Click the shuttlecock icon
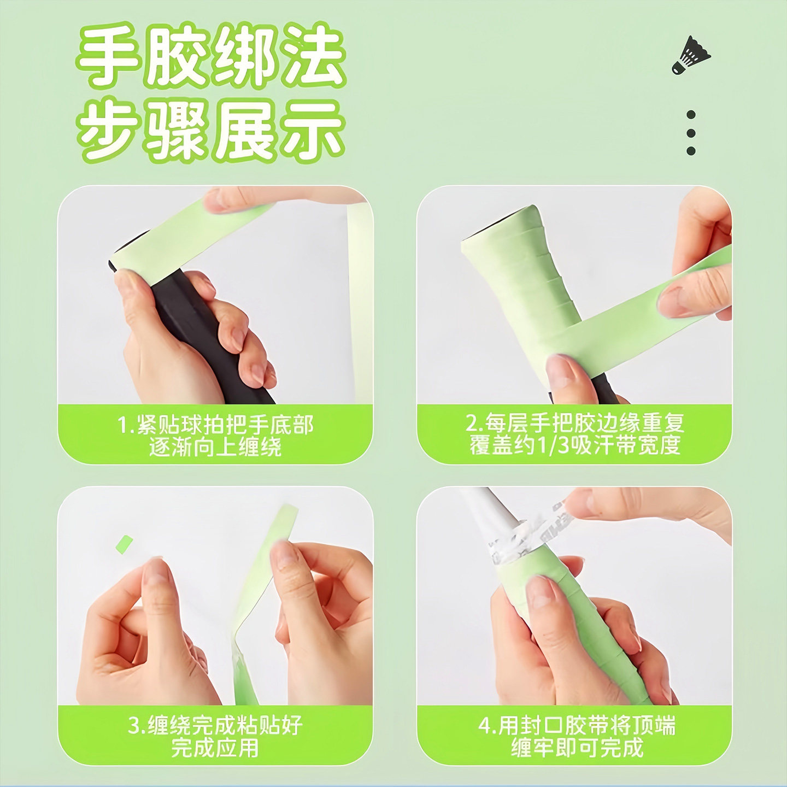(x=691, y=55)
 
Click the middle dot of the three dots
(x=691, y=133)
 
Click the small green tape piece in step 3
(x=125, y=543)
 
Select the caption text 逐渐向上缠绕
(x=215, y=447)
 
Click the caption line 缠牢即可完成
(x=577, y=748)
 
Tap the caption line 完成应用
(x=215, y=748)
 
